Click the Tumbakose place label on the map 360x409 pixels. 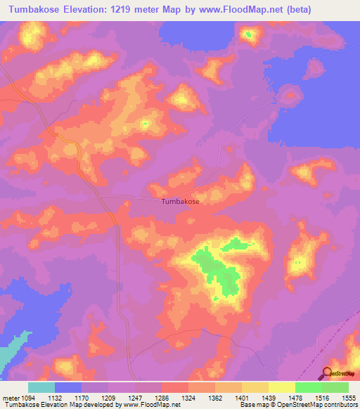pyautogui.click(x=181, y=202)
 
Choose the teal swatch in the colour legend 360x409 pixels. pyautogui.click(x=41, y=387)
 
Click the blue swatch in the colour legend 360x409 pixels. pyautogui.click(x=68, y=387)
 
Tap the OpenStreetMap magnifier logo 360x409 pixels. pyautogui.click(x=327, y=373)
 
